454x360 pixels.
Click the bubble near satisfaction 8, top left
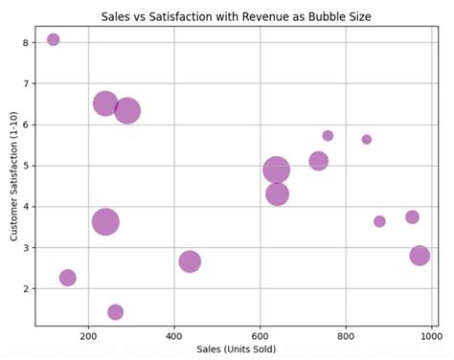(54, 39)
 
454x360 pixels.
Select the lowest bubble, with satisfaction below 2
(116, 312)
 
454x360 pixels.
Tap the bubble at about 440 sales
(190, 261)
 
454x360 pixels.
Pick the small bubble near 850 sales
(367, 140)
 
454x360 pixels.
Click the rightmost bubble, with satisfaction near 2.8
(420, 256)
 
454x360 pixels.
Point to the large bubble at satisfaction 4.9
(277, 170)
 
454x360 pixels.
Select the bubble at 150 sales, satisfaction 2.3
(68, 278)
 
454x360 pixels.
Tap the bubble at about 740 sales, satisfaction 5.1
(319, 161)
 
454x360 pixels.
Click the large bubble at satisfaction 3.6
(106, 222)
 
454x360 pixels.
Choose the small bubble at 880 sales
(379, 221)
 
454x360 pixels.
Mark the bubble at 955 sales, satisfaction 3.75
(412, 217)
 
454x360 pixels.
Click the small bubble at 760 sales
(328, 136)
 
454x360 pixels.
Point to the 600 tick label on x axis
(260, 335)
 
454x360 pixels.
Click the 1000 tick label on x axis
(430, 335)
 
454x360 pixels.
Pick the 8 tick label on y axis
(27, 42)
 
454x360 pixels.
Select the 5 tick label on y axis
(27, 166)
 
